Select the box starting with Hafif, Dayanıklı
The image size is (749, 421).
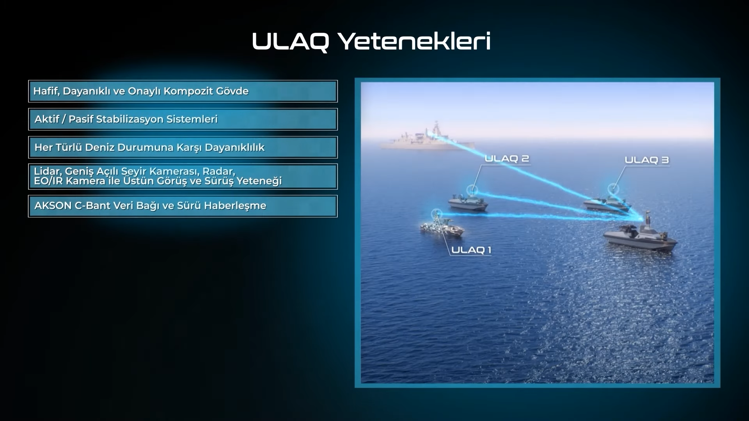(183, 91)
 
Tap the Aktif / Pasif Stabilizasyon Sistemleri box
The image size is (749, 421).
(183, 119)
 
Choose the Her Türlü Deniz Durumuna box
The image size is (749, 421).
(183, 147)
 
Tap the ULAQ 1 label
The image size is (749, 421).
(471, 250)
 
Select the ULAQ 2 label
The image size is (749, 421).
(507, 159)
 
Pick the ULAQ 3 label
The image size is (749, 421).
(647, 160)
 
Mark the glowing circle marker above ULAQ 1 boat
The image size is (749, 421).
(437, 213)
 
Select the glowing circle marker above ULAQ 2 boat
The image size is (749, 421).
(472, 189)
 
